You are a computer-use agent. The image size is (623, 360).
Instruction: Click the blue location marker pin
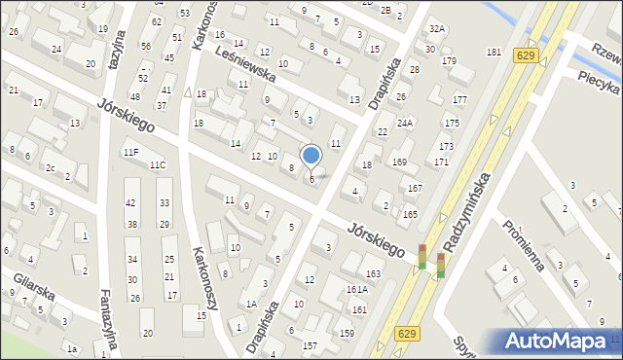pyautogui.click(x=311, y=156)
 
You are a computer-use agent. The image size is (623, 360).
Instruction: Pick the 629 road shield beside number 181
pyautogui.click(x=526, y=56)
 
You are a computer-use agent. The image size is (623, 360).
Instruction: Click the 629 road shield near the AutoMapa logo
pyautogui.click(x=409, y=334)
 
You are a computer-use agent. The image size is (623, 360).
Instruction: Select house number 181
pyautogui.click(x=494, y=52)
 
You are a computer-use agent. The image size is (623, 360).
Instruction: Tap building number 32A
pyautogui.click(x=438, y=29)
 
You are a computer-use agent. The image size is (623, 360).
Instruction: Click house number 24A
pyautogui.click(x=405, y=123)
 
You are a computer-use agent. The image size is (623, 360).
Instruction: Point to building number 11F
pyautogui.click(x=130, y=153)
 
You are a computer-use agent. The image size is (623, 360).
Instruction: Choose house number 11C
pyautogui.click(x=157, y=164)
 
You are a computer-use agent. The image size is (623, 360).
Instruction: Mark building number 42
pyautogui.click(x=130, y=202)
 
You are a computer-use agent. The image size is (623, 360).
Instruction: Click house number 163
pyautogui.click(x=373, y=273)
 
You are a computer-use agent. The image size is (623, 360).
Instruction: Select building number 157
pyautogui.click(x=310, y=345)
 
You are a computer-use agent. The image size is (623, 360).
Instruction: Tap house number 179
pyautogui.click(x=449, y=61)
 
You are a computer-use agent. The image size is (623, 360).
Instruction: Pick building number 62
pyautogui.click(x=157, y=21)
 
